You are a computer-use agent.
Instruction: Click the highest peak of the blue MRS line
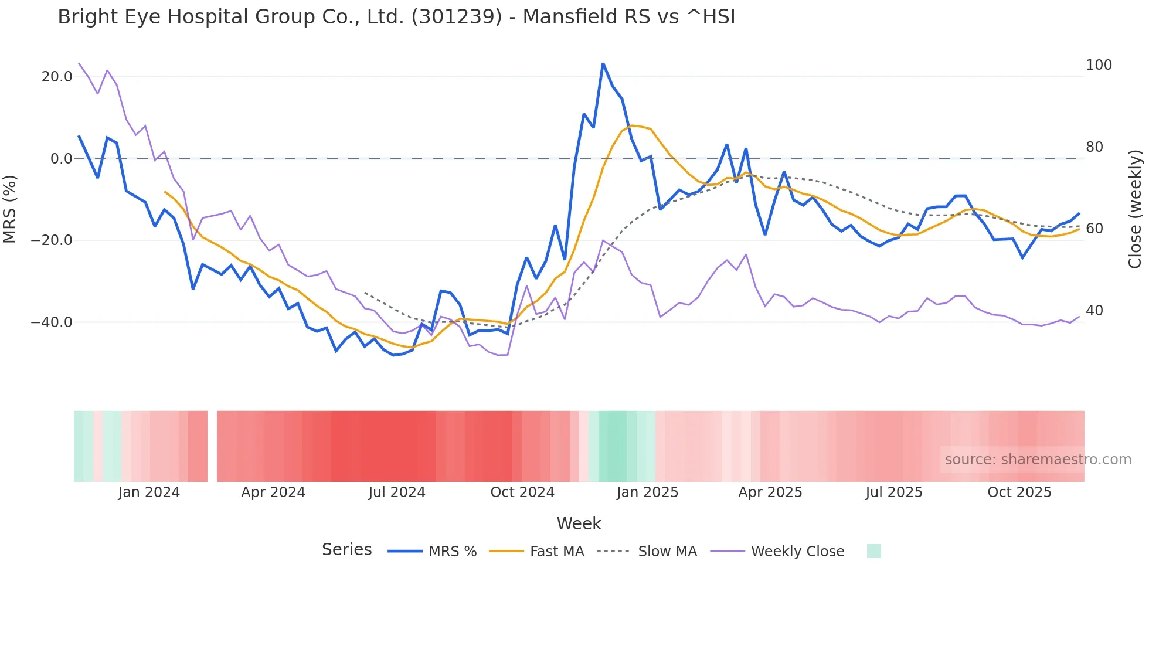coord(603,64)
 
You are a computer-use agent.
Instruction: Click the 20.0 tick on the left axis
coord(57,77)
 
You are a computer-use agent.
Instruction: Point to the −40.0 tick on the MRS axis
coord(52,322)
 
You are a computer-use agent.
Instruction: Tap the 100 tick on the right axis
coord(1099,65)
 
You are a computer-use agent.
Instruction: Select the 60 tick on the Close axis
coord(1094,229)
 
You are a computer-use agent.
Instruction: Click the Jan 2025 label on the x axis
coord(647,492)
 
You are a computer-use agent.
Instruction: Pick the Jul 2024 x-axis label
coord(397,492)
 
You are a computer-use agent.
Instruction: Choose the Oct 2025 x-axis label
coord(1019,492)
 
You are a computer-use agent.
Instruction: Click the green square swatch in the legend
coord(873,551)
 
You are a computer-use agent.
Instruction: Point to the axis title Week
coord(579,523)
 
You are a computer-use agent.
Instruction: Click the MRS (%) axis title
coord(10,209)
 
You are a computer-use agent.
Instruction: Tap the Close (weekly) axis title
coord(1135,209)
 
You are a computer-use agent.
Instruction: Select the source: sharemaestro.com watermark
coord(1038,460)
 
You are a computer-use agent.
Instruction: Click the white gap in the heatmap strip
coord(212,446)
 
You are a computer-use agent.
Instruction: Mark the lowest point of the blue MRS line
coord(394,355)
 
